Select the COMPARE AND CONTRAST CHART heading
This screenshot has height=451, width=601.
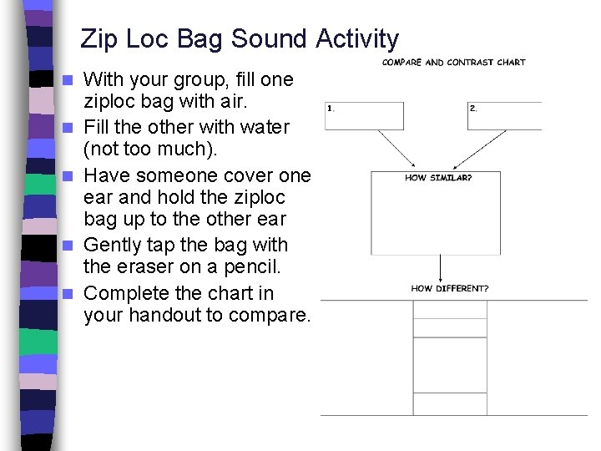pos(453,63)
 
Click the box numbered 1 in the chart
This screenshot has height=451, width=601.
pos(364,116)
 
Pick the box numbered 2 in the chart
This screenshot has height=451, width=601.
pos(504,116)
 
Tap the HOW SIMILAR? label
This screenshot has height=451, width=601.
pos(437,178)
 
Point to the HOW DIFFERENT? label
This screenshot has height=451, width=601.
pos(450,289)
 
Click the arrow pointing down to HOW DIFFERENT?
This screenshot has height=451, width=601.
pos(439,269)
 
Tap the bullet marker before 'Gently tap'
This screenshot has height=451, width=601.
pos(70,246)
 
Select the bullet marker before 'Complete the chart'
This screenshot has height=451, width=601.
pos(70,294)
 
